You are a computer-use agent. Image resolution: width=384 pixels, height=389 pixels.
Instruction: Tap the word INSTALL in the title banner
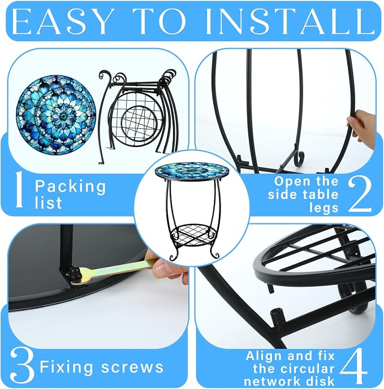coord(290,21)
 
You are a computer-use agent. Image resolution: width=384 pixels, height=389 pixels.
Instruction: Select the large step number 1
coord(19,189)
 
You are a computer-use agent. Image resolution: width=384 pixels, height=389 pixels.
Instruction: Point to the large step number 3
coord(22,365)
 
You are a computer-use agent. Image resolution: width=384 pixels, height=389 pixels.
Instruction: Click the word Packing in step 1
coord(71,187)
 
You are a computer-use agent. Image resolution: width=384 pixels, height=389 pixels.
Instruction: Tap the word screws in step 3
coord(132,367)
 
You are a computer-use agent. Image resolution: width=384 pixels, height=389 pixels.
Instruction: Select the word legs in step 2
coord(324,208)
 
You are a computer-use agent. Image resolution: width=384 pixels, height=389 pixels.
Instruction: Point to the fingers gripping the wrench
coord(169,268)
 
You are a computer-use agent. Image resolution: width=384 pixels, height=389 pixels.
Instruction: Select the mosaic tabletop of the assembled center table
coord(192,171)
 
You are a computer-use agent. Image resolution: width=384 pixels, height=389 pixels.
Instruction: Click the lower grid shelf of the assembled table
coord(192,235)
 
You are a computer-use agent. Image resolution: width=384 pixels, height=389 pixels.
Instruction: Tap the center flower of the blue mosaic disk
coord(63,115)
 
